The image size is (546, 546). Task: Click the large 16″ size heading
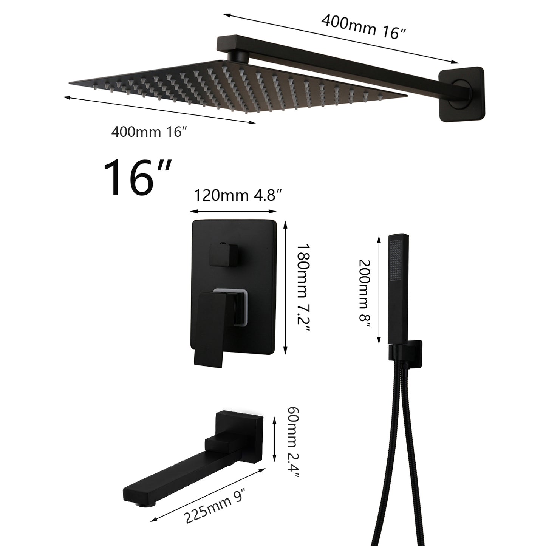click(x=138, y=177)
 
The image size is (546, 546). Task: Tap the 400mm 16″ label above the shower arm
click(x=363, y=26)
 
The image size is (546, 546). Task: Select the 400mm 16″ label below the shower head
click(x=149, y=132)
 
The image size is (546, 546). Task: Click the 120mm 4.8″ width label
click(x=238, y=195)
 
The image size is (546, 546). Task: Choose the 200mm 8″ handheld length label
click(x=365, y=294)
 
